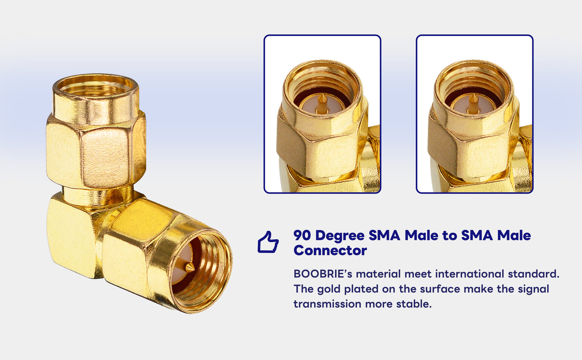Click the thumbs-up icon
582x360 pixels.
click(x=268, y=242)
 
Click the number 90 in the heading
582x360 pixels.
click(x=302, y=235)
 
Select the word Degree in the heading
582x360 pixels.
click(x=340, y=236)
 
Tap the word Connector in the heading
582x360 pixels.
click(x=330, y=250)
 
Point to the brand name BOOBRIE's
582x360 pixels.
click(x=323, y=274)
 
